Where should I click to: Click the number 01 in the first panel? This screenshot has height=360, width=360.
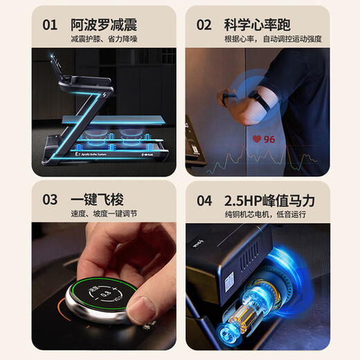[50, 25]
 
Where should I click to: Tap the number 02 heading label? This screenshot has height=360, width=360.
[204, 25]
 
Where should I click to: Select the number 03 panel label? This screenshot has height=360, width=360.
[50, 200]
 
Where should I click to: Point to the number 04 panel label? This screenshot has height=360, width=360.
[204, 200]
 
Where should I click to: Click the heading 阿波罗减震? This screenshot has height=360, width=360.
[104, 24]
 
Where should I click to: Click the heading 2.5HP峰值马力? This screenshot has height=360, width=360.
[270, 200]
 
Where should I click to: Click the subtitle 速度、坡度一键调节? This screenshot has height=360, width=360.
[104, 215]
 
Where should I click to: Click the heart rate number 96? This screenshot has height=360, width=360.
[269, 139]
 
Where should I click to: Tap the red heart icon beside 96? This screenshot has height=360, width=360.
[257, 139]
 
